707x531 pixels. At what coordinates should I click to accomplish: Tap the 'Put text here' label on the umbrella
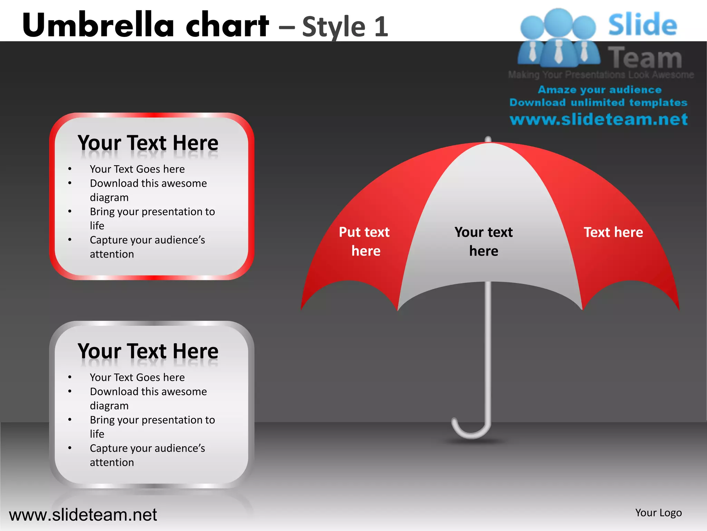click(365, 241)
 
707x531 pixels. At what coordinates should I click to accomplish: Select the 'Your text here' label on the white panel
click(483, 241)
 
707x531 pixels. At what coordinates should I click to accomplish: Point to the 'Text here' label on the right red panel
click(613, 232)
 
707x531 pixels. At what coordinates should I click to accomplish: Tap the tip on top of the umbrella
click(488, 139)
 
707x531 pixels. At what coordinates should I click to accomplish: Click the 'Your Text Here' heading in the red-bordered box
click(148, 143)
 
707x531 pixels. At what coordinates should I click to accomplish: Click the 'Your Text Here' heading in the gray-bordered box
click(148, 351)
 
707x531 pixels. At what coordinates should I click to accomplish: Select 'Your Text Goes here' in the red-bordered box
click(137, 169)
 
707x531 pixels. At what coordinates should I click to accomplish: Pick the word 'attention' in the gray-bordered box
click(112, 463)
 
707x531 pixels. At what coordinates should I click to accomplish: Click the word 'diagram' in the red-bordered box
click(109, 197)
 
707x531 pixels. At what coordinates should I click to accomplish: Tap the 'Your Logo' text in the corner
click(658, 513)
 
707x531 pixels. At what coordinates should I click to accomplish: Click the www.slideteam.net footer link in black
click(83, 515)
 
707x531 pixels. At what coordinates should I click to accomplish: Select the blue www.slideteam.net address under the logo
click(599, 120)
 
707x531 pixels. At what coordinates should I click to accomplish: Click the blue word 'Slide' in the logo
click(642, 25)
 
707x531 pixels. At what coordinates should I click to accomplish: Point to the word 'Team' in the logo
click(645, 57)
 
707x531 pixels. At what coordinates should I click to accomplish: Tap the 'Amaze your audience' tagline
click(600, 90)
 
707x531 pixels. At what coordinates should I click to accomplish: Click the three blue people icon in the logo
click(558, 38)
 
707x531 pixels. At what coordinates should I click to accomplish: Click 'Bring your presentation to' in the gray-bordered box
click(152, 420)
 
